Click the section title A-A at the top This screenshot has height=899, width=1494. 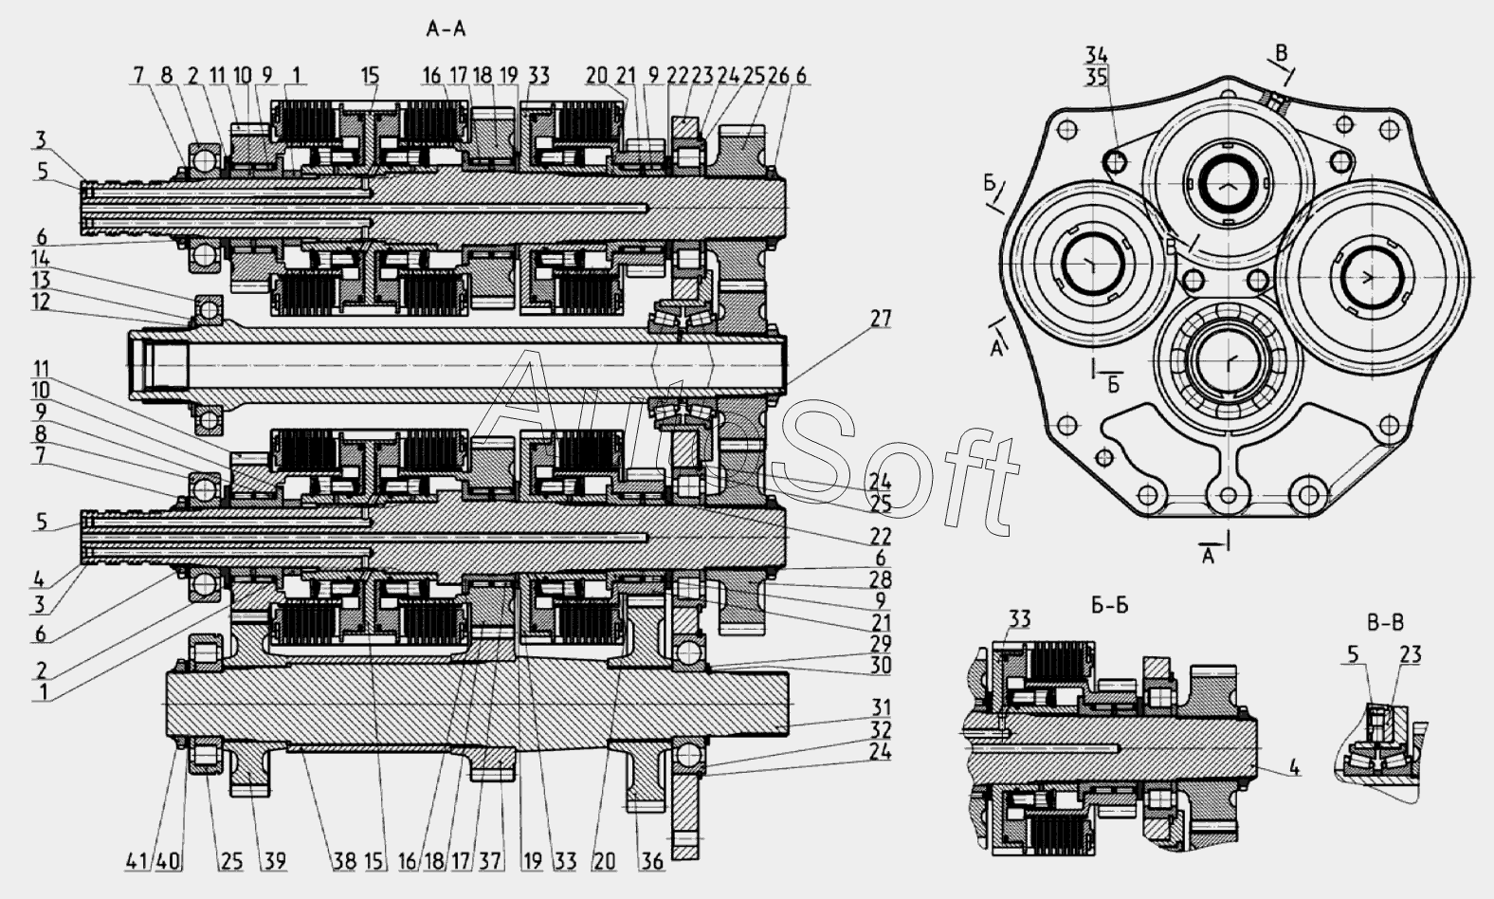446,29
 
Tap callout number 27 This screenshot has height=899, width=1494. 881,319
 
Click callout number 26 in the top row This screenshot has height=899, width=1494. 778,76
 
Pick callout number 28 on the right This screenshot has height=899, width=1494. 881,579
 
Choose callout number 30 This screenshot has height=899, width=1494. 881,665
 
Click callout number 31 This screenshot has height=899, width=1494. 881,707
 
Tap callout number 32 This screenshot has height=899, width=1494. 881,729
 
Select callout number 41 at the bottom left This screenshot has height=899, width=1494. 136,862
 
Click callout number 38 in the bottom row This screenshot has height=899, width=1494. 343,862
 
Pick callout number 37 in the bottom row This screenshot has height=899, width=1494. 490,862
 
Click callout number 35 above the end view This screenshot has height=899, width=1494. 1097,78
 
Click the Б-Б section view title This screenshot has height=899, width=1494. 1108,606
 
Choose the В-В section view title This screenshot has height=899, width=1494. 1384,623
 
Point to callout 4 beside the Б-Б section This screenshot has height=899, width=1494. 1295,770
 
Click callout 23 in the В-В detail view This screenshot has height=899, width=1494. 1410,654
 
